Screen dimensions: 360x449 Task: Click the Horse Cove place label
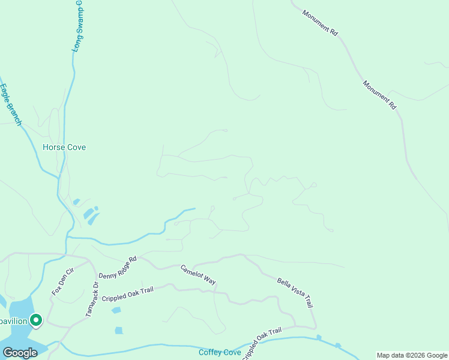(x=64, y=147)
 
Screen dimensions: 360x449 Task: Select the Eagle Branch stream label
(x=11, y=104)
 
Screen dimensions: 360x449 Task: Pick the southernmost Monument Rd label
(x=380, y=94)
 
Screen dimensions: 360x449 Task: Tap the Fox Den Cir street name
(x=62, y=281)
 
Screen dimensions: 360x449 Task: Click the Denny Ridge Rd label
(x=118, y=267)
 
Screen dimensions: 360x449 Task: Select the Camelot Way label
(x=198, y=274)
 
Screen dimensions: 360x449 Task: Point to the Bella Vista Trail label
(x=295, y=292)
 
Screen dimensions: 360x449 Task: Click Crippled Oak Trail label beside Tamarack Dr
(x=128, y=294)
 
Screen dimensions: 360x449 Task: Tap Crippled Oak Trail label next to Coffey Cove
(x=262, y=343)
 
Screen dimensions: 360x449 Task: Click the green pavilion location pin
(x=36, y=321)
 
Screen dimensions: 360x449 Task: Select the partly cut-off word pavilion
(x=13, y=321)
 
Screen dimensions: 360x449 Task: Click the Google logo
(x=20, y=353)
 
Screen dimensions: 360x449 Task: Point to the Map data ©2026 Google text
(x=412, y=355)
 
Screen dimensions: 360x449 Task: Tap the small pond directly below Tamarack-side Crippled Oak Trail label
(x=116, y=310)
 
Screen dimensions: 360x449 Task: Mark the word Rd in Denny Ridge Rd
(x=133, y=259)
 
